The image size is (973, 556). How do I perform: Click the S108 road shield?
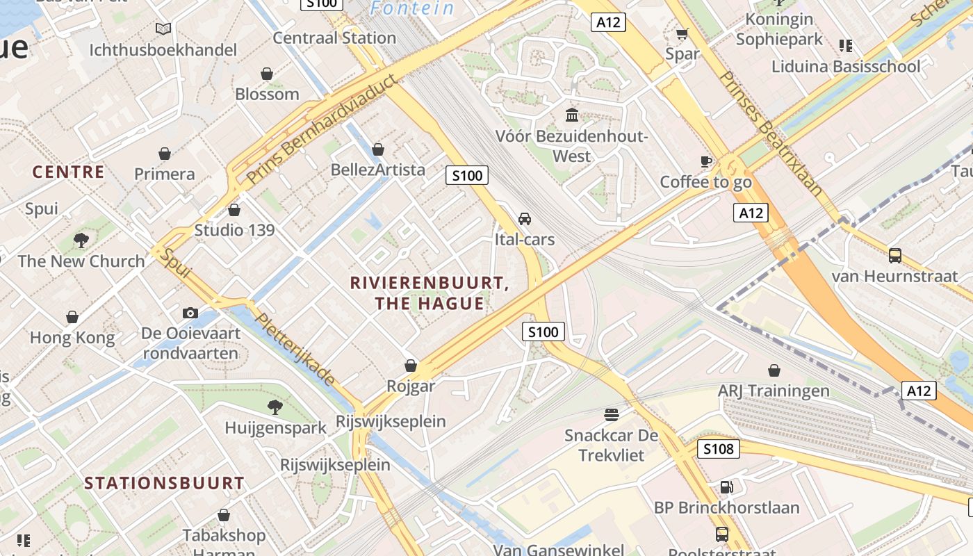[x=718, y=449]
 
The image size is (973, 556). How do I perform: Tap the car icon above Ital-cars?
[x=525, y=219]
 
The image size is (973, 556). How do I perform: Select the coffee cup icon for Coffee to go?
[x=706, y=162]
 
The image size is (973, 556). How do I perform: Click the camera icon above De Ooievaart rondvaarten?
[x=190, y=313]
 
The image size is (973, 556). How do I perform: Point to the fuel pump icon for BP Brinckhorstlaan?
[x=726, y=487]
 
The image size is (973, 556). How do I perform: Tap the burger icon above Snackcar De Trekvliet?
[x=612, y=415]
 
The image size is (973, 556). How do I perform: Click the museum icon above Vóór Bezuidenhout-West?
[x=572, y=115]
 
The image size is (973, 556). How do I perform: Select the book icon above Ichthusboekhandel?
[x=163, y=29]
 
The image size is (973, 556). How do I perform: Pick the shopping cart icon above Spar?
[x=682, y=33]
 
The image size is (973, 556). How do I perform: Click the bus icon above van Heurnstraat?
[x=895, y=255]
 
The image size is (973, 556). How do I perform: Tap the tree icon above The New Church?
[x=81, y=240]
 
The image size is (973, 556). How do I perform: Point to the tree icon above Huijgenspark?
[x=275, y=407]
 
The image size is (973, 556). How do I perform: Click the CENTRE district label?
[x=68, y=172]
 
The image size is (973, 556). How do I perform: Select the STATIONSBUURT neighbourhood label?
[x=165, y=483]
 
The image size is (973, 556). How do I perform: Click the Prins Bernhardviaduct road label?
[x=323, y=129]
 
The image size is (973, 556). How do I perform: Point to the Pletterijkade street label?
[x=295, y=350]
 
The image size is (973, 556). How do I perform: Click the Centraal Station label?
[x=334, y=38]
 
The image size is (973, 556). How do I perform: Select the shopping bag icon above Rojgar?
[x=411, y=366]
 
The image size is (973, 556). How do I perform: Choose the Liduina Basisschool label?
[x=846, y=67]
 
